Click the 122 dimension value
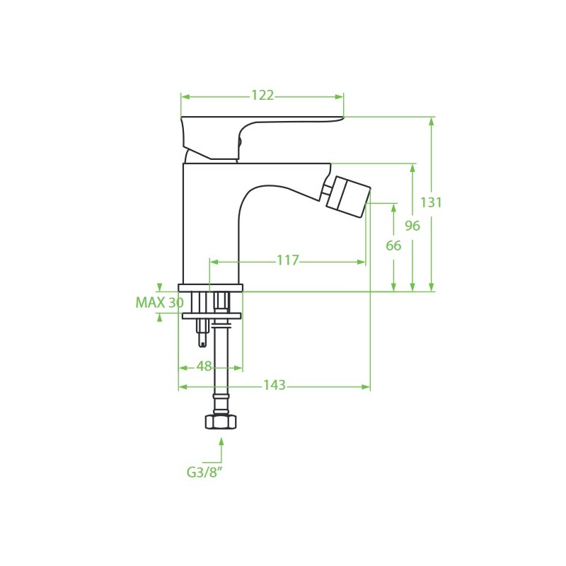point(262,96)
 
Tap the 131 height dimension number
point(431,202)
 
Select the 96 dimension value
point(412,226)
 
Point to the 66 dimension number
point(393,246)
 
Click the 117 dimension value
point(288,260)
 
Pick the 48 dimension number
point(204,366)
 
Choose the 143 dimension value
point(275,385)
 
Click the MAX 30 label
point(160,303)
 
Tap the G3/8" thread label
point(204,472)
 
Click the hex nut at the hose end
point(221,422)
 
